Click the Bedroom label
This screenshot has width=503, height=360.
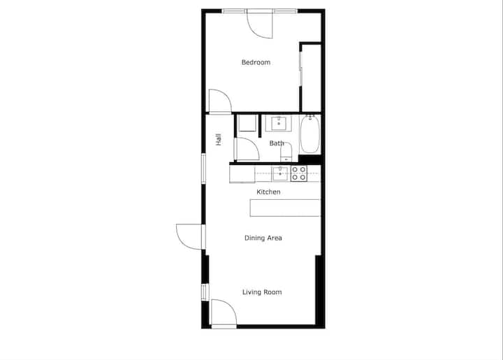coord(256,62)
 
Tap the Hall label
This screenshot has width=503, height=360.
coord(219,140)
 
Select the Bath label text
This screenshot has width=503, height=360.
coord(277,143)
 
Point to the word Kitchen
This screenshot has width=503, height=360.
coord(268,192)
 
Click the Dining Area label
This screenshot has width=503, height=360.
coord(263,238)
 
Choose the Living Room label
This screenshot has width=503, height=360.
coord(262,292)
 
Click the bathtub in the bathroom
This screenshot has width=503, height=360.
coord(310,134)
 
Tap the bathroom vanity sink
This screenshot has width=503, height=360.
coord(279,124)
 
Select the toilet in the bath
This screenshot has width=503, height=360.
coord(286,152)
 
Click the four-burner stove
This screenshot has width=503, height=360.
coord(299,173)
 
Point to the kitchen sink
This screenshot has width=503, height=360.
coord(280,173)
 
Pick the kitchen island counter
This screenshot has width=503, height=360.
coord(285,208)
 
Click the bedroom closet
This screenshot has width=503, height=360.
coord(311,77)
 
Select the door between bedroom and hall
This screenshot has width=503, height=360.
coord(220,101)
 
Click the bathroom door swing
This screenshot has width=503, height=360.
coord(247,149)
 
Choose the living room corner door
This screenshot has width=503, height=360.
coord(224,313)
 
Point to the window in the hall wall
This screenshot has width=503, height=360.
coord(203,168)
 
